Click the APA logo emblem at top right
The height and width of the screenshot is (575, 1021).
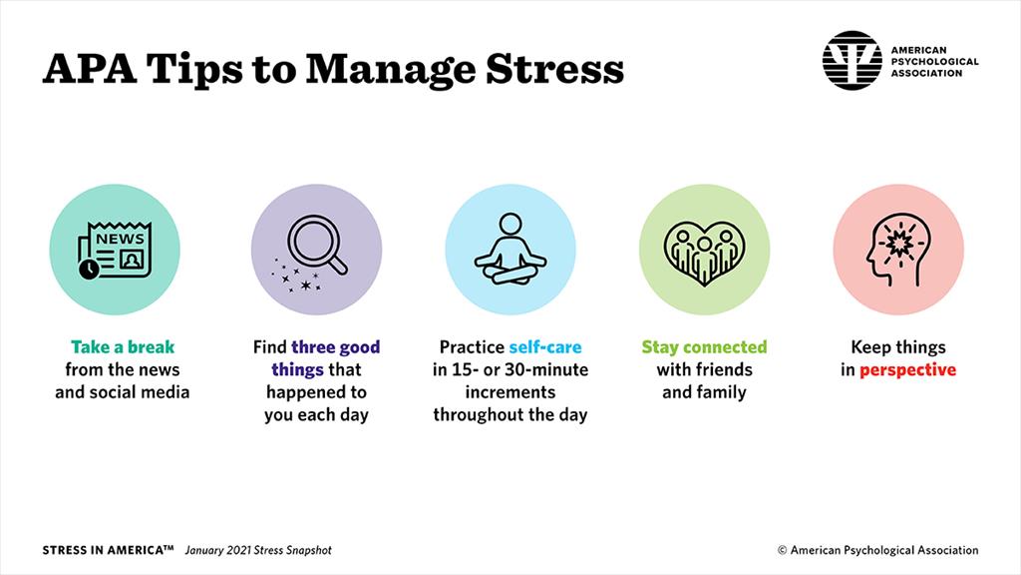pyautogui.click(x=851, y=60)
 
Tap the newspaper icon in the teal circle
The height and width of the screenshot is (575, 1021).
pyautogui.click(x=115, y=251)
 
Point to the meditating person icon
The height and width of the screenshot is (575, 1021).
pyautogui.click(x=510, y=250)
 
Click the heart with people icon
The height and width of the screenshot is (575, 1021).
pyautogui.click(x=704, y=251)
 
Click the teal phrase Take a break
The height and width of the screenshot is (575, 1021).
pyautogui.click(x=123, y=347)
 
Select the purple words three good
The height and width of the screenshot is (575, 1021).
pyautogui.click(x=335, y=347)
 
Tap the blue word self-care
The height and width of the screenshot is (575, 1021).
pyautogui.click(x=544, y=347)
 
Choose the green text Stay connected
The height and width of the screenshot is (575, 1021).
pyautogui.click(x=704, y=347)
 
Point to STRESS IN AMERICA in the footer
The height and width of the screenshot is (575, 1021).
pyautogui.click(x=108, y=550)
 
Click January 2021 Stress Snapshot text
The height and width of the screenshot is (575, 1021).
pyautogui.click(x=258, y=550)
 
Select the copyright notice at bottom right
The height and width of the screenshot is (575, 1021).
pyautogui.click(x=877, y=550)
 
